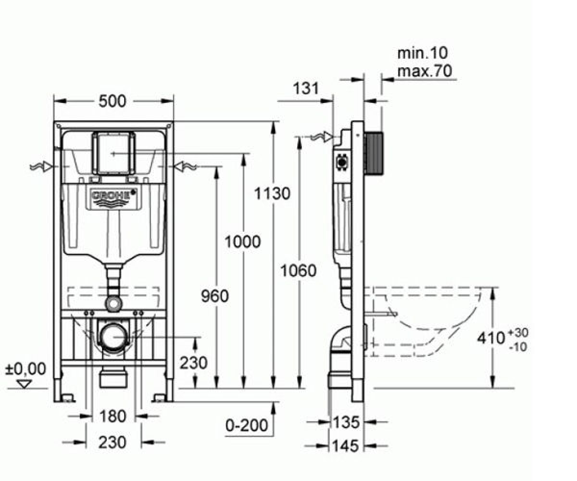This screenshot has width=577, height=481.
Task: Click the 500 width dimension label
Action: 113,101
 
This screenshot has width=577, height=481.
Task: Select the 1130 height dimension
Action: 272,193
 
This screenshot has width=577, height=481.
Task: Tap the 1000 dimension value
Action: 243,241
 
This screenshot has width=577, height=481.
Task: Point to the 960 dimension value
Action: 215,296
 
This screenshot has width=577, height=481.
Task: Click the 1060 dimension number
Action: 299,270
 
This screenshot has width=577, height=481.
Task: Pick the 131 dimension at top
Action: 306,89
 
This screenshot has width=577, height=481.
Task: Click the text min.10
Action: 423,53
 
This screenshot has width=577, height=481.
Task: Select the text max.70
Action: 425,71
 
